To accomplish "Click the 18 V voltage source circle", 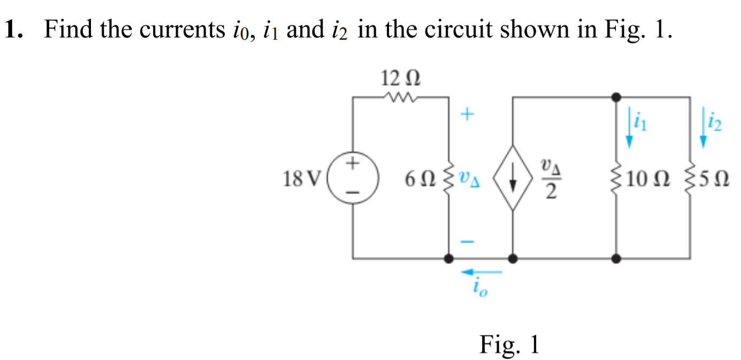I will (x=353, y=178).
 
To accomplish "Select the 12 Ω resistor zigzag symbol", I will (x=400, y=98).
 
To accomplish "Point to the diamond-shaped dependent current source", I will (x=513, y=178).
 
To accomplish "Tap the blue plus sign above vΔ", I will (x=467, y=114).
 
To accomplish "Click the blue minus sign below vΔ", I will (x=467, y=242).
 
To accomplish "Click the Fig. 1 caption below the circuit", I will (x=509, y=344).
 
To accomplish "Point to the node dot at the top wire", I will (x=616, y=97).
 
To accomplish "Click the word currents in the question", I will (x=181, y=30).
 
